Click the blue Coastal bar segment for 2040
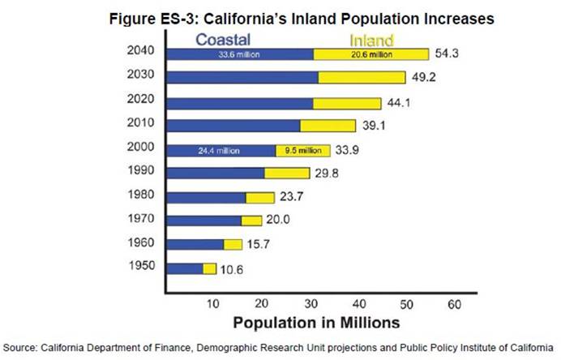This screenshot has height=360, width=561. tap(239, 54)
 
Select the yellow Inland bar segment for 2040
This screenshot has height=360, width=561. tap(371, 54)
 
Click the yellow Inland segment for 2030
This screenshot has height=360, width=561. tap(361, 78)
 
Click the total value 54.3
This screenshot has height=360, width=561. tap(448, 54)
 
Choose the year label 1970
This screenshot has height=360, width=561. tap(141, 219)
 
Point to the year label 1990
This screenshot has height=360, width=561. tap(141, 171)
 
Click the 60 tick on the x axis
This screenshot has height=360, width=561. tap(453, 304)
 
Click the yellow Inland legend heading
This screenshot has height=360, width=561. tap(370, 40)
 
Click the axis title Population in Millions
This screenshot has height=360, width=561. tap(316, 322)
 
